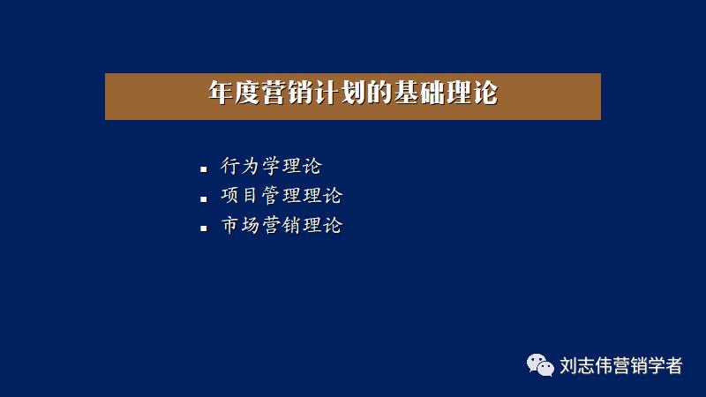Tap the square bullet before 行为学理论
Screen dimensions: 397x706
(x=204, y=168)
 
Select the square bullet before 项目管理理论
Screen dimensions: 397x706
(x=204, y=198)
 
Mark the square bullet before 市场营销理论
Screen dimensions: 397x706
(x=204, y=228)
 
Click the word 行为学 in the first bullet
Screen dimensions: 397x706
(x=251, y=167)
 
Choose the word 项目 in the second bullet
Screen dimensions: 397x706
(x=240, y=197)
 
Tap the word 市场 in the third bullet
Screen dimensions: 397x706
(x=240, y=226)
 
